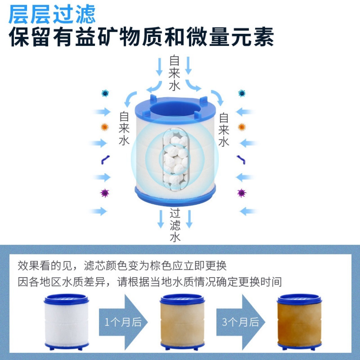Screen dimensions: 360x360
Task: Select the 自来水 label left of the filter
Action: [124, 129]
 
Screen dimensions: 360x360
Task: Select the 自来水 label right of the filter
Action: [224, 130]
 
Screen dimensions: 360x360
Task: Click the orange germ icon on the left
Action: [105, 127]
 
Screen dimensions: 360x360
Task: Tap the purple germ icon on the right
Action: [241, 193]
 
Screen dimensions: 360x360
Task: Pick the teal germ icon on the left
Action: [105, 93]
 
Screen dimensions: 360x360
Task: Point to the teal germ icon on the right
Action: [242, 93]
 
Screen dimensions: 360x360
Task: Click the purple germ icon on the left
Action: [105, 193]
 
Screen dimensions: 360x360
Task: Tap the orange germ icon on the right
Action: [241, 127]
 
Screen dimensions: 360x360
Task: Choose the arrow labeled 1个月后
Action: [123, 322]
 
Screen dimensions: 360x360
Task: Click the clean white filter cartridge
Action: [66, 321]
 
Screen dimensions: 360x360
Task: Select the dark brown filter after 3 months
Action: [299, 321]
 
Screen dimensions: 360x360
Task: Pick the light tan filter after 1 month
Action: [182, 321]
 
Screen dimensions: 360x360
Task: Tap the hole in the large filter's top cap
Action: [175, 108]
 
